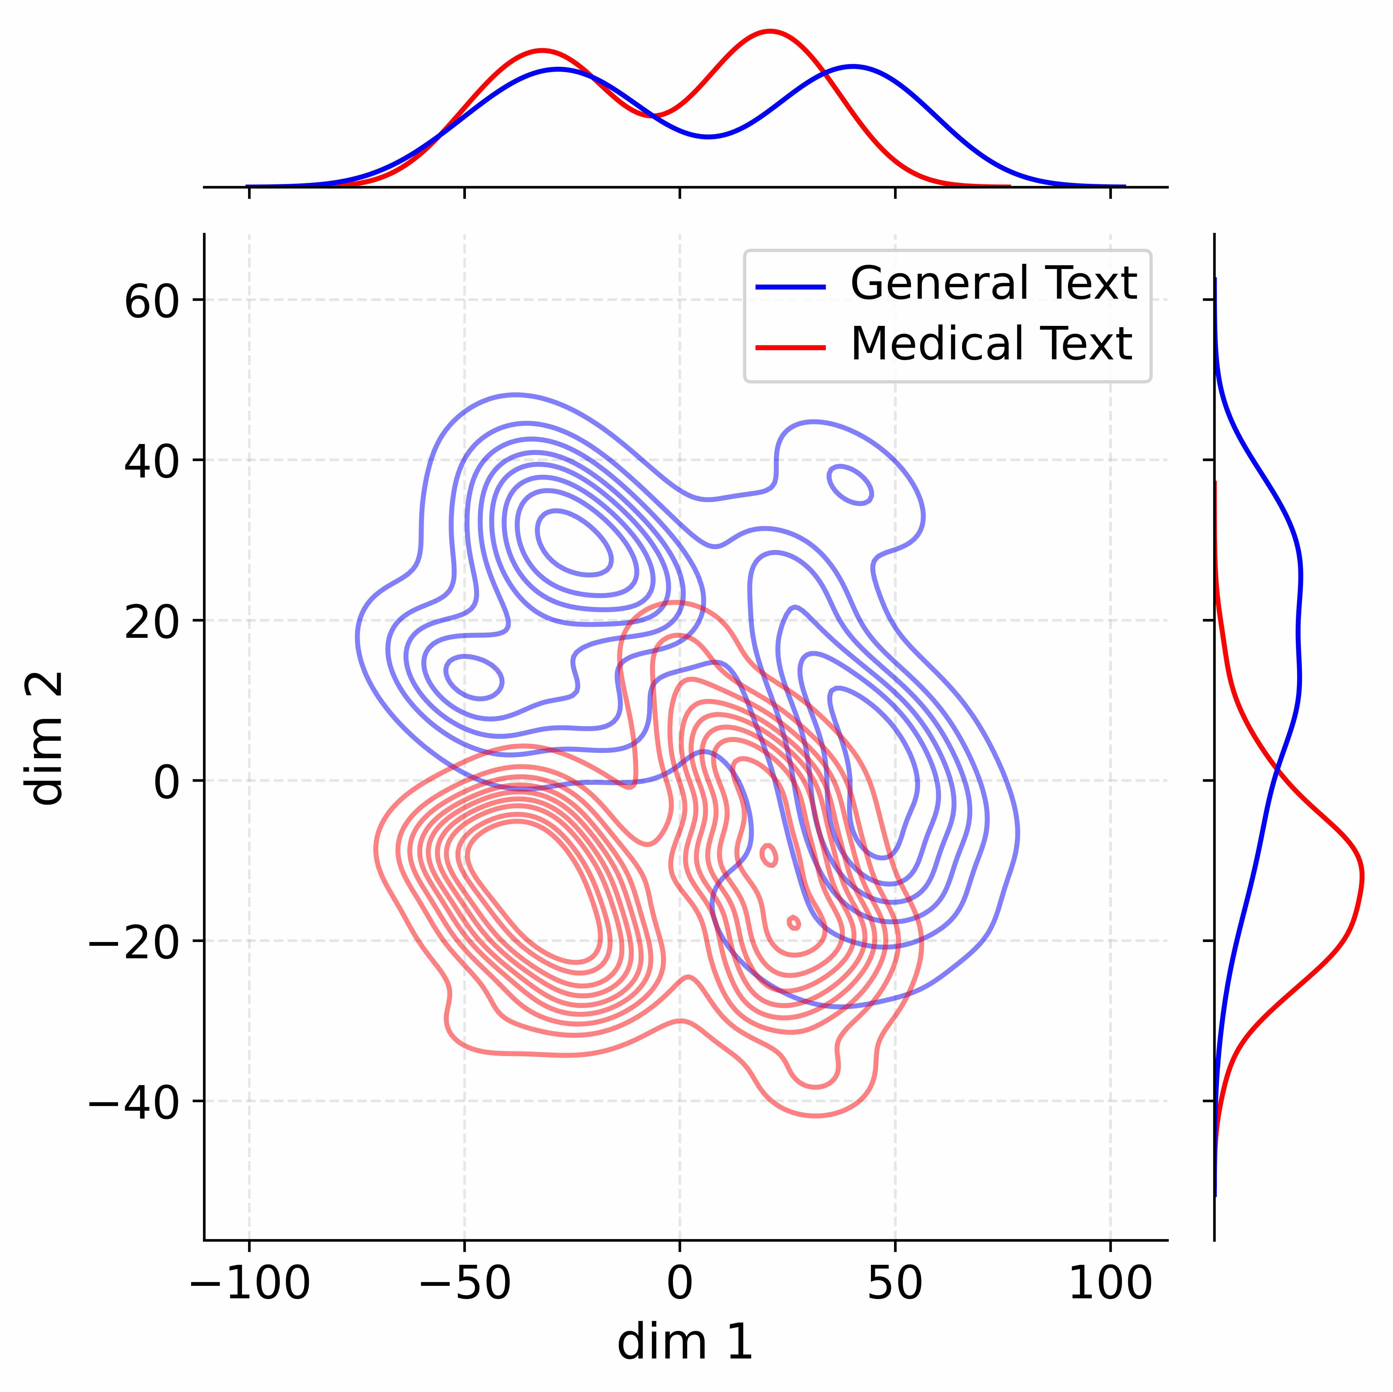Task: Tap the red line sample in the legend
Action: click(x=790, y=347)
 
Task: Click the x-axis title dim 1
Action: click(x=685, y=1342)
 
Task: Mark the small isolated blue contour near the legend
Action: click(x=851, y=485)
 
